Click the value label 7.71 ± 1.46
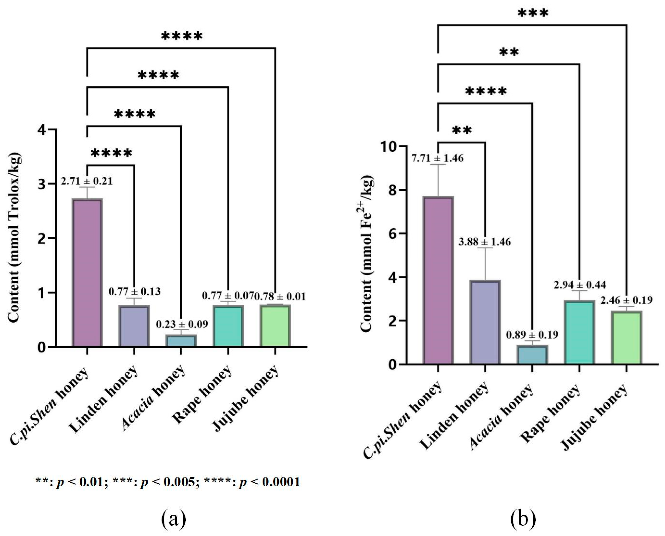click(437, 158)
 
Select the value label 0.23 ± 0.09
click(182, 324)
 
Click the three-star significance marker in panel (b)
click(533, 13)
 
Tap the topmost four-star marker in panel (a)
click(182, 36)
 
